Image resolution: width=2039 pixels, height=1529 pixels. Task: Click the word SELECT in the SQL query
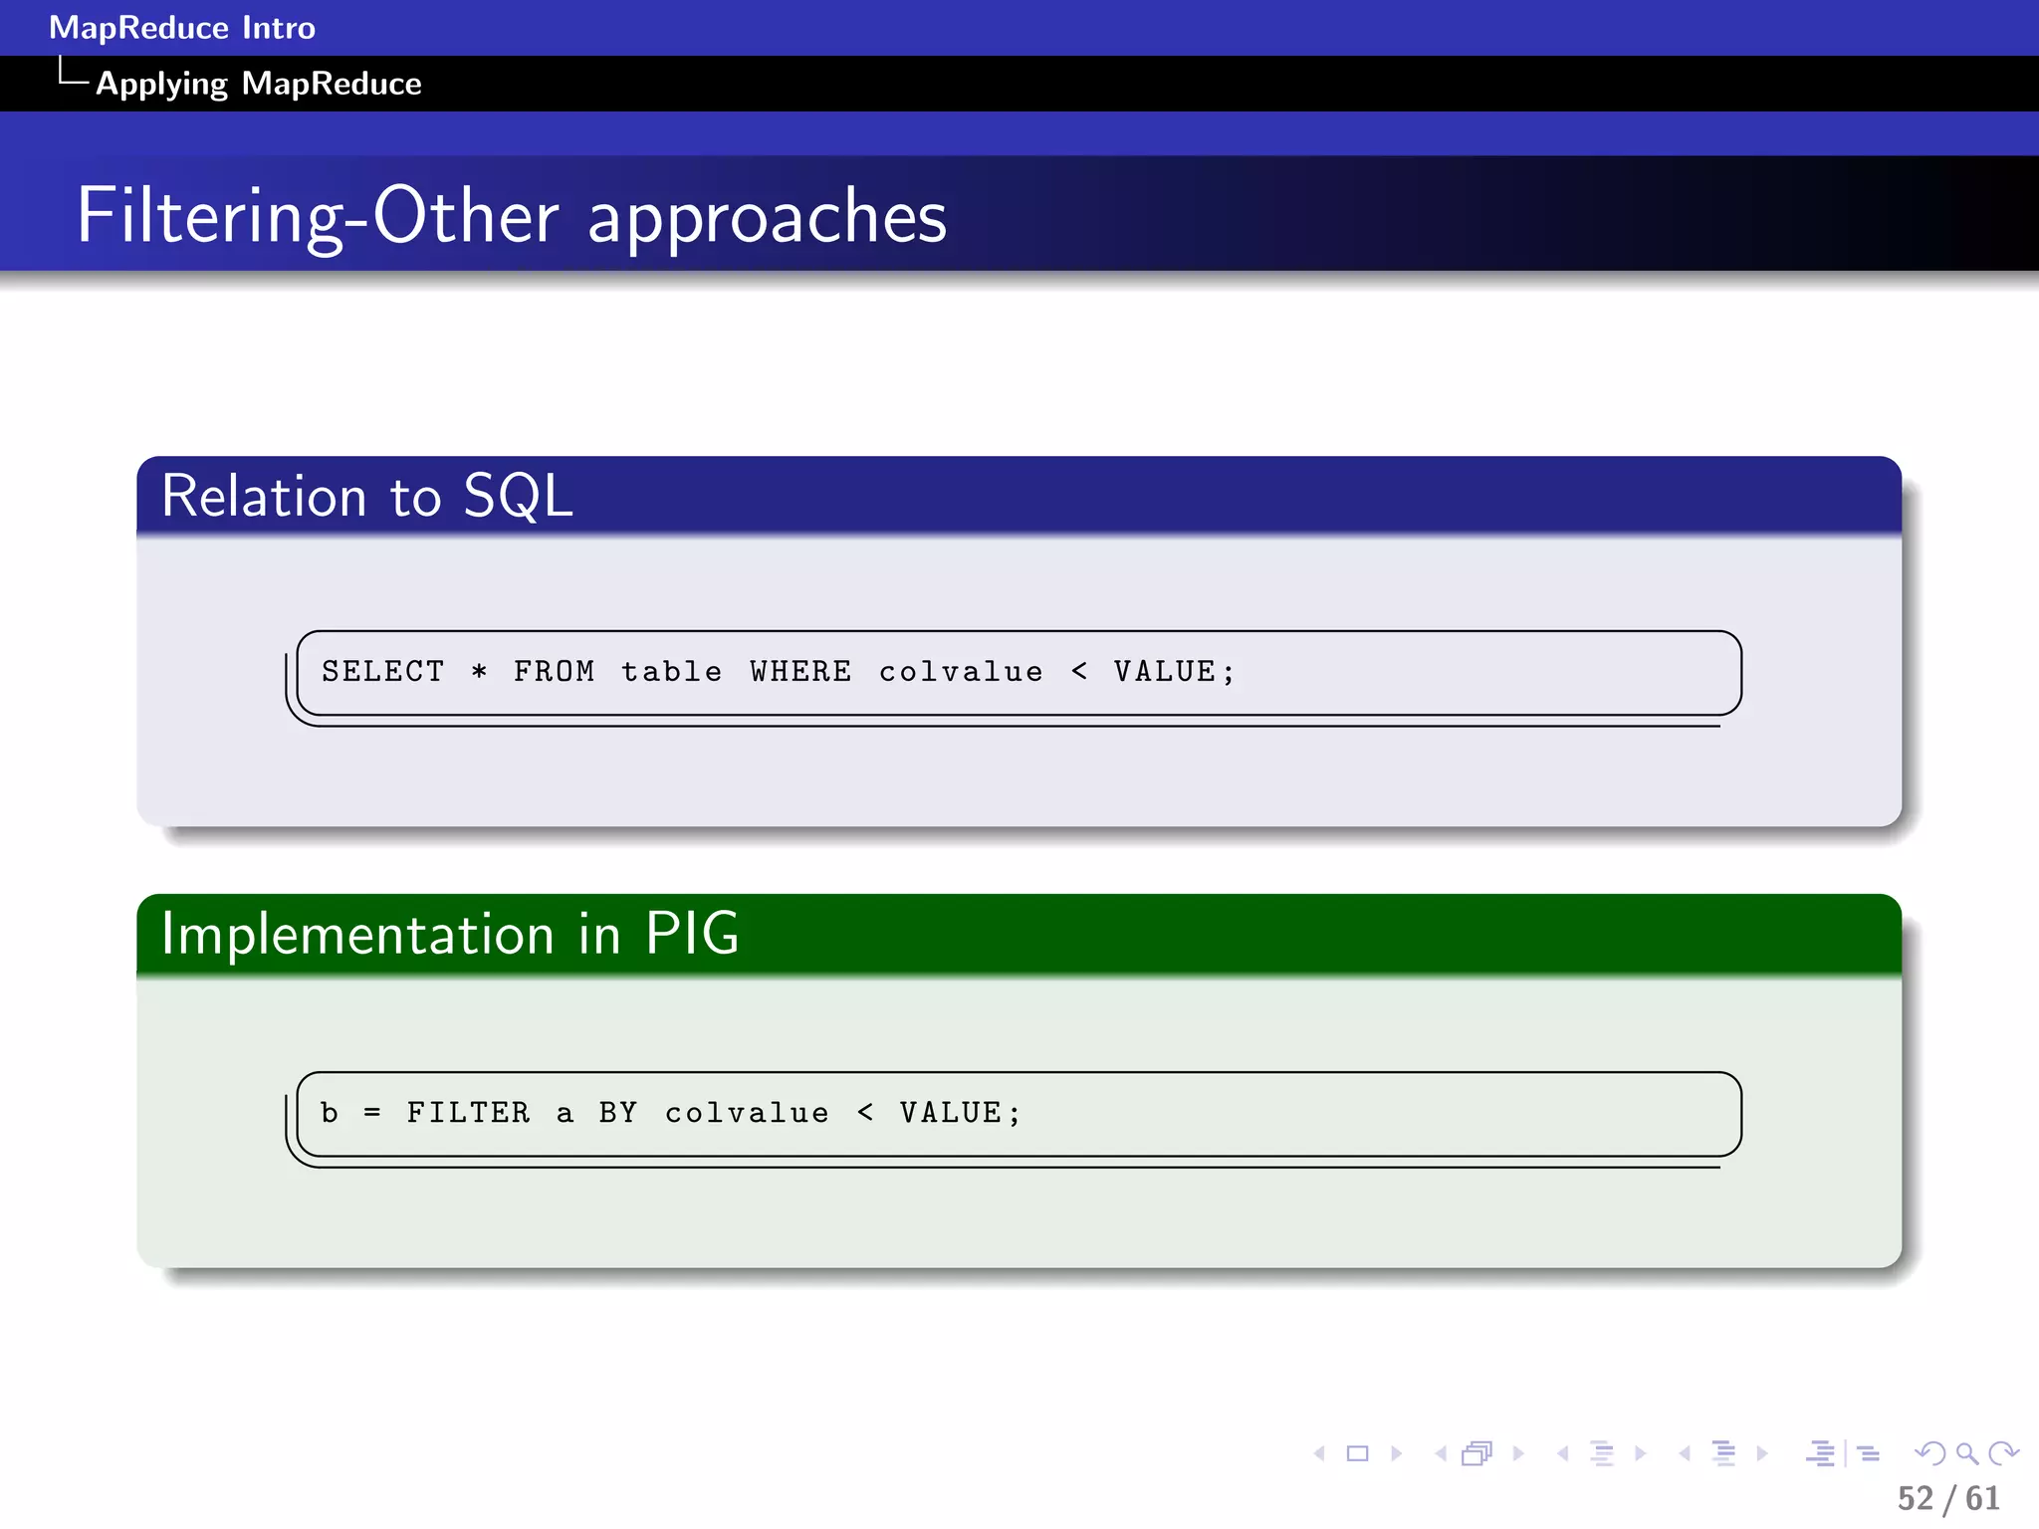point(382,672)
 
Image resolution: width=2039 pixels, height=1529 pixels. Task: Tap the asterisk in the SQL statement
point(479,672)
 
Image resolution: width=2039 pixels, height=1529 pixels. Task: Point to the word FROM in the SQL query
point(554,672)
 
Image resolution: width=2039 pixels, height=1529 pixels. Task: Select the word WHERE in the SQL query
point(800,672)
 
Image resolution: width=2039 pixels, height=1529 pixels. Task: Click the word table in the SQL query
point(672,672)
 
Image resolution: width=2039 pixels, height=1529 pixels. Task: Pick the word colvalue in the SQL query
point(961,672)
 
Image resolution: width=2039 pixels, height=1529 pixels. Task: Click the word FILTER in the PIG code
point(468,1113)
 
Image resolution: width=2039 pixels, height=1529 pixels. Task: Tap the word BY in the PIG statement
point(617,1113)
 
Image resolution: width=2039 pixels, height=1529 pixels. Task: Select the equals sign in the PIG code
point(372,1113)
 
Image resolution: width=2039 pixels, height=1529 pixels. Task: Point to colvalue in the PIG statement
point(747,1113)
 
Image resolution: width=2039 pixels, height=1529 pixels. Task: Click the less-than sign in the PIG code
point(865,1113)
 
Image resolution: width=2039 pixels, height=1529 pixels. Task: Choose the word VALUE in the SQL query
point(1165,672)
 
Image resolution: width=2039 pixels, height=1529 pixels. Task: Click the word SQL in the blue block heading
point(518,496)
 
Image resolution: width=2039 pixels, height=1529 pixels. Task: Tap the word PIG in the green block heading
point(692,934)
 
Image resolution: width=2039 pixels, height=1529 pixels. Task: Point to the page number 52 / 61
point(1948,1498)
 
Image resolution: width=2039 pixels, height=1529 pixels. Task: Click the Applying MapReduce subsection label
point(258,84)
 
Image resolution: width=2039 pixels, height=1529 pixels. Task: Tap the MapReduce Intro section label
point(182,28)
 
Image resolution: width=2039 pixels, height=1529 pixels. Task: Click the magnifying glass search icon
point(1966,1453)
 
